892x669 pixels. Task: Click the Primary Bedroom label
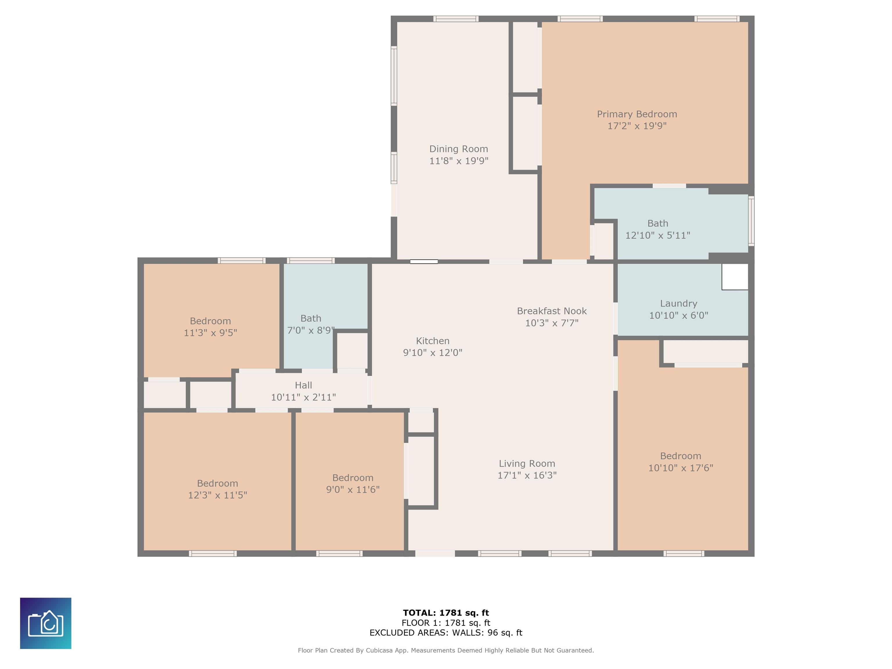(x=637, y=114)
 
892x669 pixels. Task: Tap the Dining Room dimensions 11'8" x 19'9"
(x=458, y=161)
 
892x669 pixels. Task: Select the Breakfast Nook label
(x=552, y=311)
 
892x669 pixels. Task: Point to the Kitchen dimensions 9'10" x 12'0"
(x=433, y=353)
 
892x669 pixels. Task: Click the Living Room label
(x=527, y=463)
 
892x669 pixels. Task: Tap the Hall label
(x=303, y=385)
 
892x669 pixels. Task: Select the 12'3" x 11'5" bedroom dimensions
(x=217, y=495)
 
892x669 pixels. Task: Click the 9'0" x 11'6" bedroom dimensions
(x=353, y=489)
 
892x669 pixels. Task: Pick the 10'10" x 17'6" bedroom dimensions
(x=681, y=468)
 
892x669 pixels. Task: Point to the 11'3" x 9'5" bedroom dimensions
(x=211, y=333)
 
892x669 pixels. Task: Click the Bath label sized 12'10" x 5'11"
(x=658, y=223)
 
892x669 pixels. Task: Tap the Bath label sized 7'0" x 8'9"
(x=311, y=319)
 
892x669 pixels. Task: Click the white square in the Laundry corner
(x=735, y=277)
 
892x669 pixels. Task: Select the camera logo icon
(x=46, y=623)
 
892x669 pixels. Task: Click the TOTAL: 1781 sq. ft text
(x=446, y=613)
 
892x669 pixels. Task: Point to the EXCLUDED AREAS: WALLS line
(x=446, y=633)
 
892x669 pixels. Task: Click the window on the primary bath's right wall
(x=751, y=221)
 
